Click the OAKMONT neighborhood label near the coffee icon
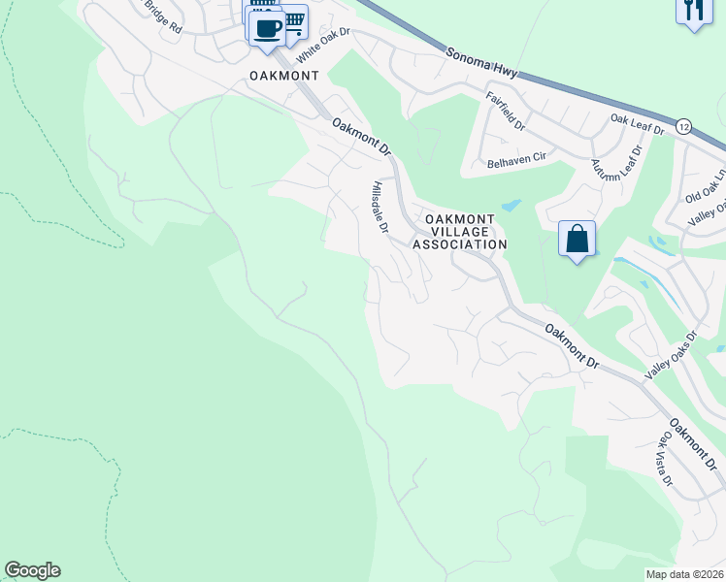[284, 74]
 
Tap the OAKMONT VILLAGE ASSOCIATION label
[459, 232]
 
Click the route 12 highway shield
[683, 126]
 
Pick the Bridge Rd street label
[163, 16]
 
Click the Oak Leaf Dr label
[637, 124]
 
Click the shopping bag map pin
[577, 238]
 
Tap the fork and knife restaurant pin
[693, 10]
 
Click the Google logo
[33, 570]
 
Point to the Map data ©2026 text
[685, 574]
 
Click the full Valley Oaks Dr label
[672, 356]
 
